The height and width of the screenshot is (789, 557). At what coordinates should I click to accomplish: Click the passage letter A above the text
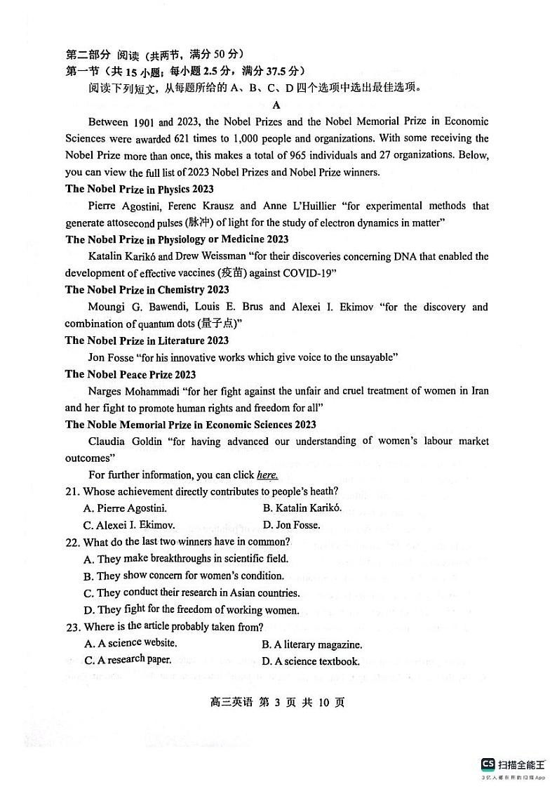276,105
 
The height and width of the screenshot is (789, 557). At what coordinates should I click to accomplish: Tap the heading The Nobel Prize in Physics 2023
140,189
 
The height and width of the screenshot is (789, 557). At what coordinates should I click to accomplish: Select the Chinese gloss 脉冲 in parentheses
199,223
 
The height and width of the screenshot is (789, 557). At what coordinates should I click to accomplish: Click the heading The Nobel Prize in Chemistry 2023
147,290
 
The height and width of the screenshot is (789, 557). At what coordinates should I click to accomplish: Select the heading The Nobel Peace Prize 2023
130,374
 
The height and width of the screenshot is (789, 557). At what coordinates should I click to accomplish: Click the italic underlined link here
267,475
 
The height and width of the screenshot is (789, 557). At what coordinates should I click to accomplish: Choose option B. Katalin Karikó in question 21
302,508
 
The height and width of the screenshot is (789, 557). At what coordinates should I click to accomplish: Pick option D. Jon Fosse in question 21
291,525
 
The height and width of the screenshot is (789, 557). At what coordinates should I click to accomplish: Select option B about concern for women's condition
183,576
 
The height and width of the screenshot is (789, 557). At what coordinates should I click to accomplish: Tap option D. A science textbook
311,661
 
